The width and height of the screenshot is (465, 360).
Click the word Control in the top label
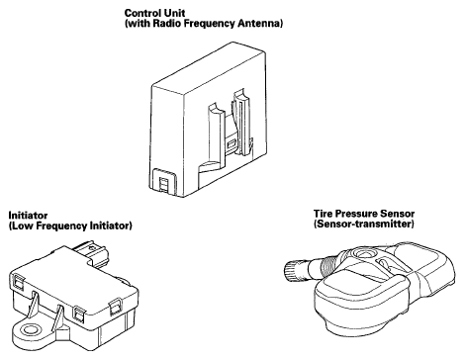tap(140, 13)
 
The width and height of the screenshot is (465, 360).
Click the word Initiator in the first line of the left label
tap(28, 216)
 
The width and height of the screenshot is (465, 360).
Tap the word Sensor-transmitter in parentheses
tap(364, 225)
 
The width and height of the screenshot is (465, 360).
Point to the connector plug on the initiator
tap(92, 252)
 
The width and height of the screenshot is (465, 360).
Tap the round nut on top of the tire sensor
tap(363, 254)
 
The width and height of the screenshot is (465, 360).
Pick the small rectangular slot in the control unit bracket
tap(232, 143)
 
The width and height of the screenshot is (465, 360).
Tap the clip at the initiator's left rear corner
tap(18, 282)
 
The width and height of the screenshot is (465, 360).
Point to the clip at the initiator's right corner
tap(116, 306)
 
